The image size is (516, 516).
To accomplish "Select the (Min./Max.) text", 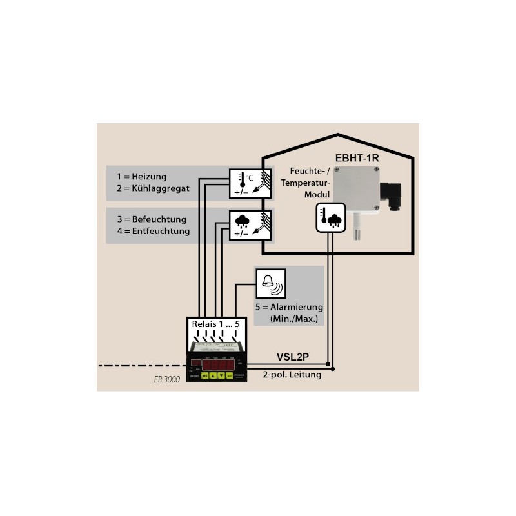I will click(295, 319).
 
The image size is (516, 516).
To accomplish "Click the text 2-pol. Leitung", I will click(292, 375).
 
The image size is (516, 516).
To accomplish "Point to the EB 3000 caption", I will click(166, 380).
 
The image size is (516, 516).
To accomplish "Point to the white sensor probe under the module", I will click(355, 225).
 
